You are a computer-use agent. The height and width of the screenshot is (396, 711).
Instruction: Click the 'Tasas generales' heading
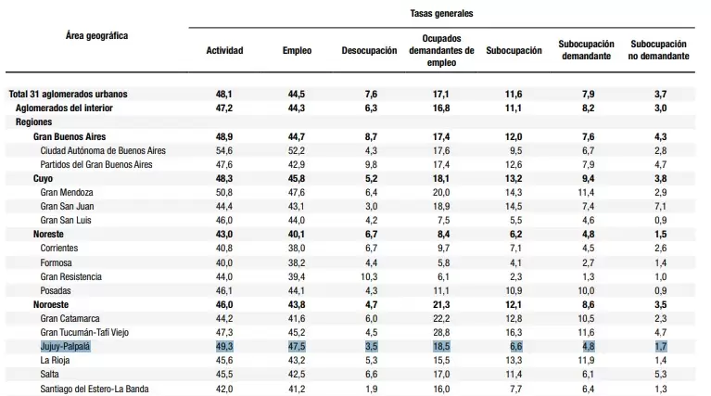(x=441, y=14)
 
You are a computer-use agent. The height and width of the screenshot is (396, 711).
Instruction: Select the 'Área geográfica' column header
(x=96, y=36)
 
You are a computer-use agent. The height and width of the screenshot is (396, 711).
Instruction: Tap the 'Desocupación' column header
(x=369, y=50)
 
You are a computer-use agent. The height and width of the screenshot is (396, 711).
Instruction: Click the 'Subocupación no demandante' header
(x=658, y=50)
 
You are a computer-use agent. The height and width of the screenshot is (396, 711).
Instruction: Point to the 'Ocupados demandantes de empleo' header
(x=441, y=50)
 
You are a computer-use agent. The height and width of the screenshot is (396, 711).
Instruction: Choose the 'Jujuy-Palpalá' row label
(x=65, y=347)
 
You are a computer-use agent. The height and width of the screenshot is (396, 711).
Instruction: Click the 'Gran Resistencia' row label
(x=70, y=276)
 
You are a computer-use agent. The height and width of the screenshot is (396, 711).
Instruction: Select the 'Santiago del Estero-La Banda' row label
(x=95, y=389)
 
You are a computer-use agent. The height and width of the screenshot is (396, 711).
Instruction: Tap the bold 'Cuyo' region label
(x=43, y=178)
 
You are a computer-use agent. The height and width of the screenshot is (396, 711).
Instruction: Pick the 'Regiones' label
(x=33, y=122)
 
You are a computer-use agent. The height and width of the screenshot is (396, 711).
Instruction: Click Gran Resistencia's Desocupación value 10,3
(x=369, y=276)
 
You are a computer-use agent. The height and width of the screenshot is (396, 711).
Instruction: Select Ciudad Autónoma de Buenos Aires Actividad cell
(x=224, y=150)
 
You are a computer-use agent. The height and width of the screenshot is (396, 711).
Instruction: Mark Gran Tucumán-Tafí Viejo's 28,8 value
(x=441, y=333)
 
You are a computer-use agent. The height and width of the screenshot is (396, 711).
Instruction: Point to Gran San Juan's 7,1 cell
(x=661, y=207)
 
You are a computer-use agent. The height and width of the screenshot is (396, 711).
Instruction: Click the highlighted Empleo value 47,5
(x=297, y=347)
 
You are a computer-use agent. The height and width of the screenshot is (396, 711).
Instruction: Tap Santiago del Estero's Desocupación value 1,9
(x=371, y=389)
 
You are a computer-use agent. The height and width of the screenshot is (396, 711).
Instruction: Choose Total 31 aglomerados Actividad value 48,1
(x=224, y=95)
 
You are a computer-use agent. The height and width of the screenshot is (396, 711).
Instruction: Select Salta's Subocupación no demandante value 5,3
(x=661, y=375)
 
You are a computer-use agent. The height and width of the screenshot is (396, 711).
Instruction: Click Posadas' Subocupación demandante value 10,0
(x=586, y=291)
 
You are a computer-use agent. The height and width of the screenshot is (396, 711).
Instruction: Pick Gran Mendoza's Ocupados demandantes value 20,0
(x=441, y=192)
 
